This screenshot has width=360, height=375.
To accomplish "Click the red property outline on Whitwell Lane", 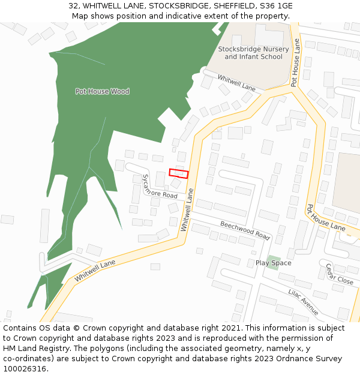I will tap(179, 173).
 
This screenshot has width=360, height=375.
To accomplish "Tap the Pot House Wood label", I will tap(102, 91).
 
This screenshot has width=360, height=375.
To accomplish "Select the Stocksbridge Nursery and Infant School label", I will tap(253, 53).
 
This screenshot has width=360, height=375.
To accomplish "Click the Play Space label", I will tap(273, 263).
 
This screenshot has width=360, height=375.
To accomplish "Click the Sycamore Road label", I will tap(159, 188).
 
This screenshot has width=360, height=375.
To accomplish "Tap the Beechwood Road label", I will tap(245, 230).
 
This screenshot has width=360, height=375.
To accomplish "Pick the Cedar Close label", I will tap(339, 274).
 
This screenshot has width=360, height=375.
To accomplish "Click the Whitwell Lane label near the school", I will tap(236, 83).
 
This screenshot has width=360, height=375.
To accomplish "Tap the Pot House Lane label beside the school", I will tap(295, 63).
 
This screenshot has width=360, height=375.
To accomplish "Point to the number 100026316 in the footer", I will tap(25, 369).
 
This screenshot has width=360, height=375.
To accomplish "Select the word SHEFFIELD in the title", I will tap(230, 5).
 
